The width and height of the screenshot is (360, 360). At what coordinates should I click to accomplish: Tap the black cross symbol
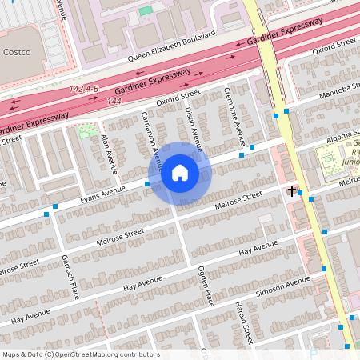pos(292,190)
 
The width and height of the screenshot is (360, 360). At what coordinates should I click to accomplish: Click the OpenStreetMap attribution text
pos(80,354)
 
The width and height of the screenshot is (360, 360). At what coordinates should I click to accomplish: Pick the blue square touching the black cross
pos(299,192)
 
